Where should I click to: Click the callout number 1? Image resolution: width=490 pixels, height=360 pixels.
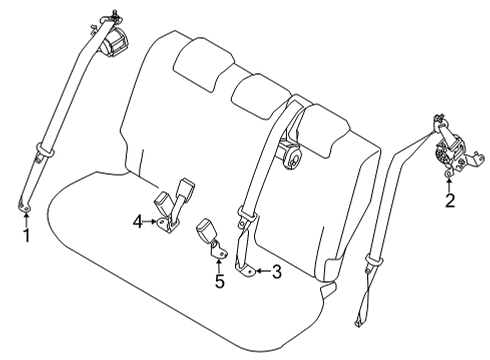click(27, 236)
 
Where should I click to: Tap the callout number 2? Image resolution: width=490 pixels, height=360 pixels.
click(450, 201)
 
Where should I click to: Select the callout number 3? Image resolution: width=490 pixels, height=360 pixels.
click(278, 270)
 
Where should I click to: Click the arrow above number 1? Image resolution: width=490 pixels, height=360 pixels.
click(27, 217)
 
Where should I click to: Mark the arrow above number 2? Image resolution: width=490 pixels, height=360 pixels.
click(450, 182)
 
